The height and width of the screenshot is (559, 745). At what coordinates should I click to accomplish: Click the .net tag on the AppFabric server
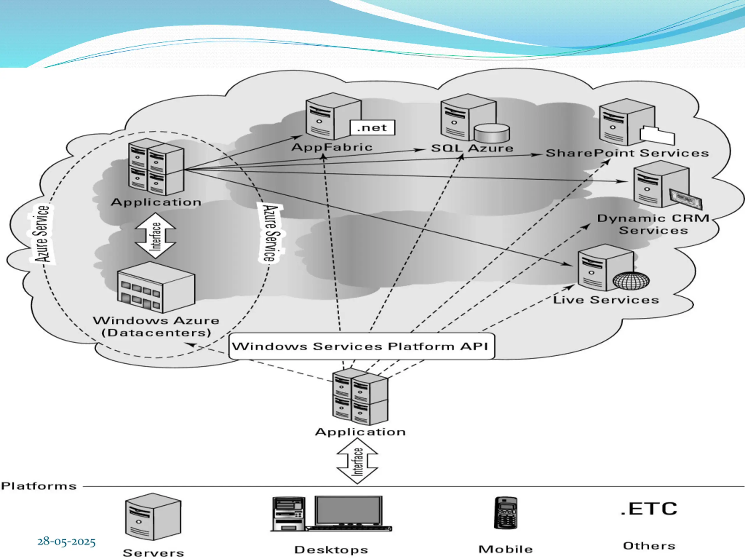tap(372, 128)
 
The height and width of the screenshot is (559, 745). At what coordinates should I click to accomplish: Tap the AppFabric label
tap(332, 147)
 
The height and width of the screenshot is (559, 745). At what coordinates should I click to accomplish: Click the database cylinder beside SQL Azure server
tap(492, 133)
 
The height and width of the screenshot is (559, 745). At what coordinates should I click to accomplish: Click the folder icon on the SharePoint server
tap(657, 136)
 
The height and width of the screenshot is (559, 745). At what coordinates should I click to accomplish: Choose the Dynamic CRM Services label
tap(653, 224)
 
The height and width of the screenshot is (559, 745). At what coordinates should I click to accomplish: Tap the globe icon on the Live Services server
tap(631, 280)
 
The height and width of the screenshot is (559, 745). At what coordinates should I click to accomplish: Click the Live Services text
tap(606, 300)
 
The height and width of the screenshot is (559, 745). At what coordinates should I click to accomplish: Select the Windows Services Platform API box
tap(361, 346)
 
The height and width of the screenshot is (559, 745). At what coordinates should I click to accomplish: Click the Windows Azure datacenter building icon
tap(156, 287)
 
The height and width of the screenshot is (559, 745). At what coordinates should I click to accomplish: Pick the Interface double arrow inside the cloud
tap(155, 236)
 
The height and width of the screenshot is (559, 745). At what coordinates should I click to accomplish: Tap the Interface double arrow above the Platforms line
tap(357, 461)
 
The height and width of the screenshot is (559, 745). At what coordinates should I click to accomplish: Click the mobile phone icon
tap(505, 513)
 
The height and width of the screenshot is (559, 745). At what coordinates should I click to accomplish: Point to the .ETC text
tap(649, 509)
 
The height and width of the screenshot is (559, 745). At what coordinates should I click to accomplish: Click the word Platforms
tap(39, 486)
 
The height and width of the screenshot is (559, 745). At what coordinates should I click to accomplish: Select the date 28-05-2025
tap(66, 542)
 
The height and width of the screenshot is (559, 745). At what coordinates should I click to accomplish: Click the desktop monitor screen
tap(349, 510)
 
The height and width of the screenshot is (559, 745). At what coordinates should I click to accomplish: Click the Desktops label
tap(331, 550)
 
